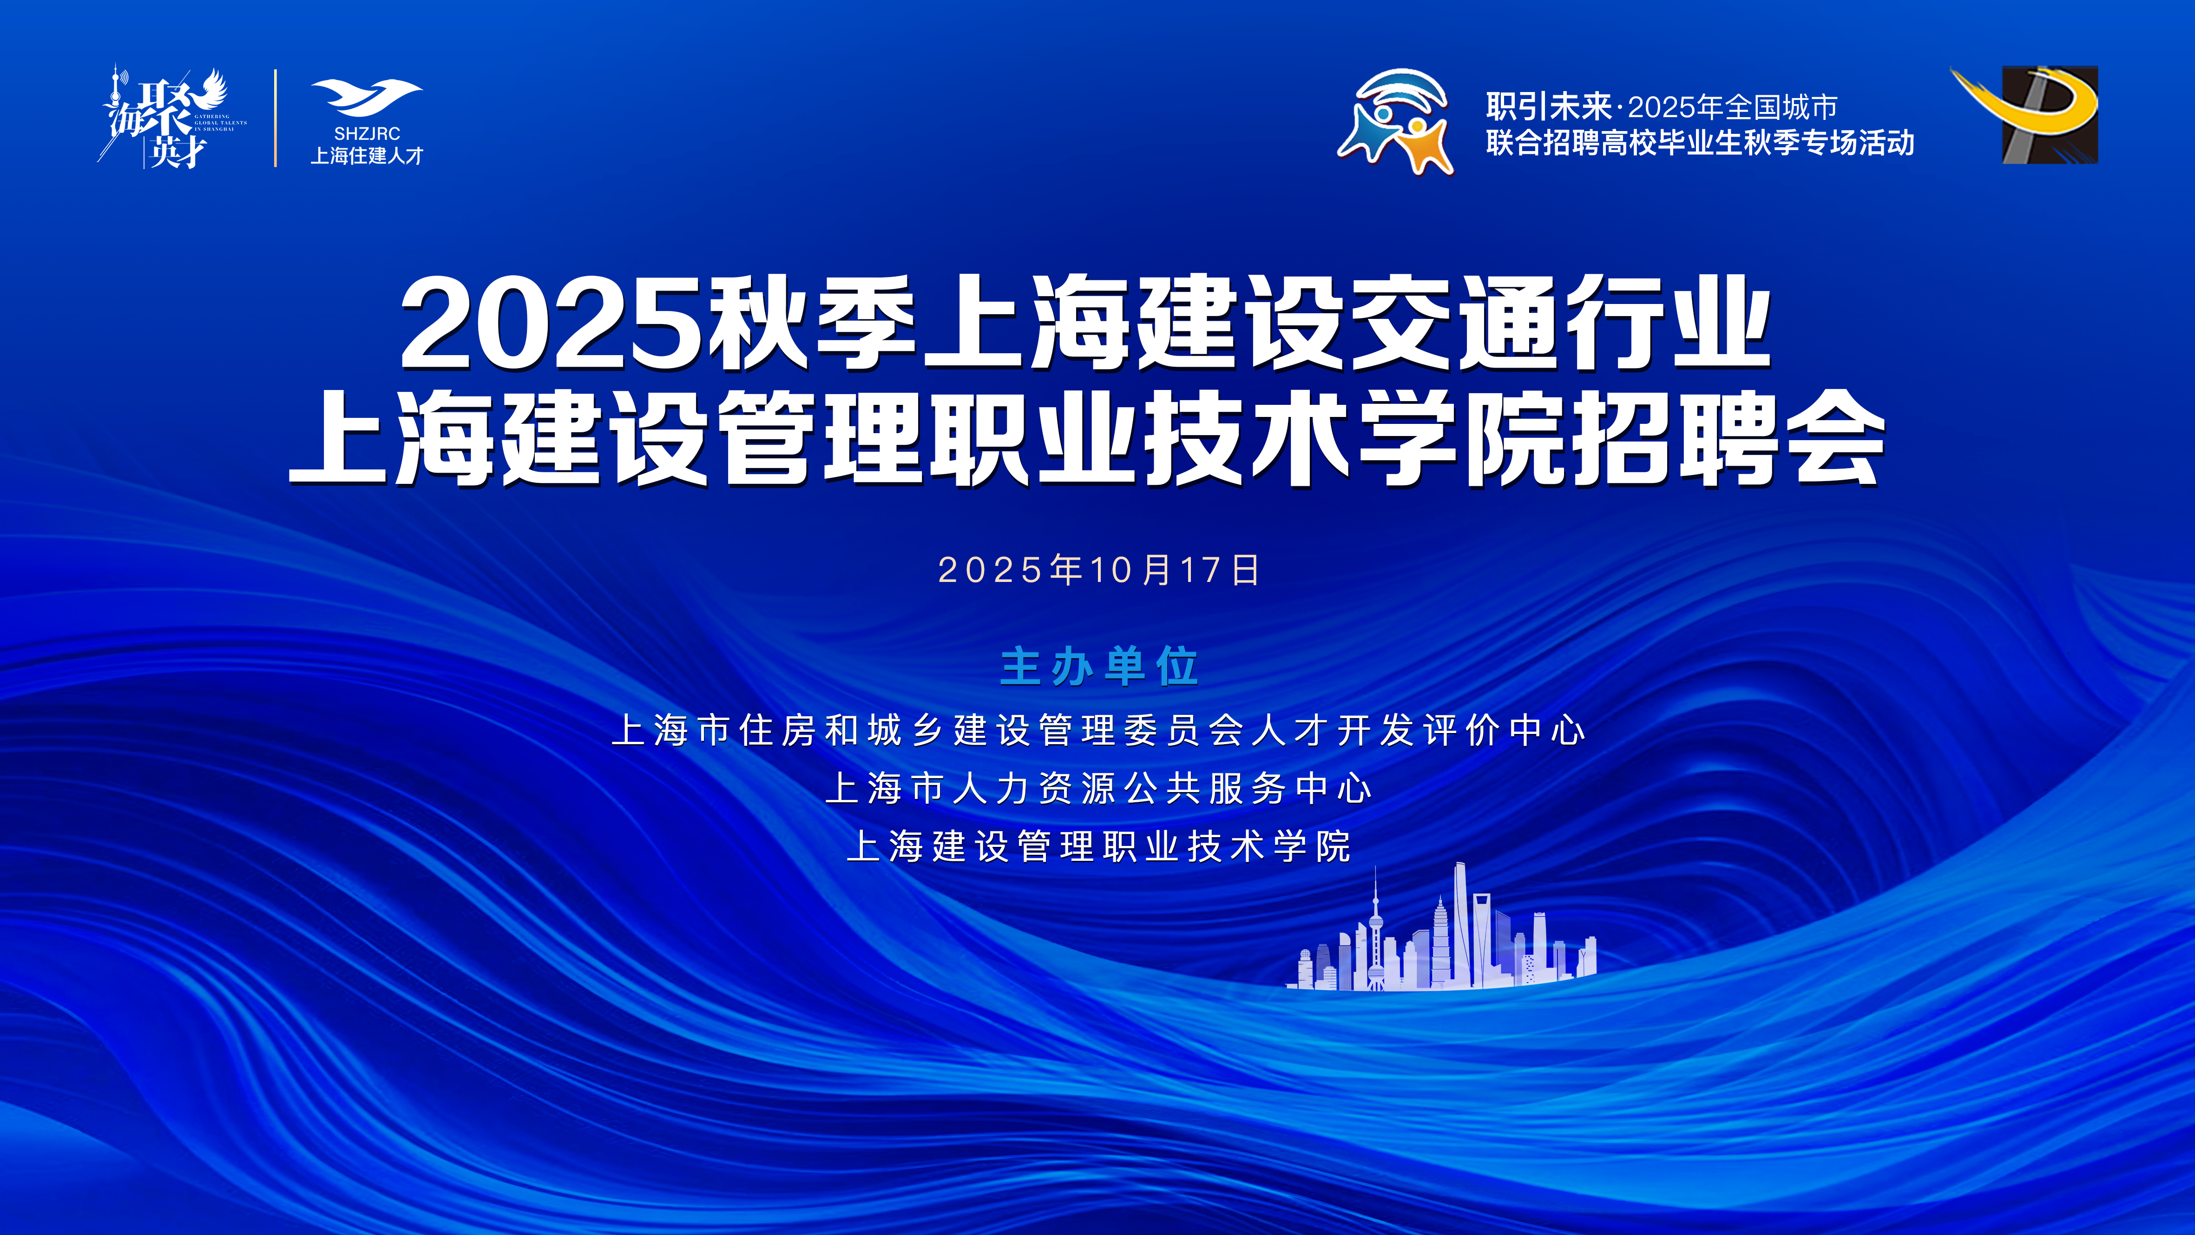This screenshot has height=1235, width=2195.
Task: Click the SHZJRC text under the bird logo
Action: coord(367,134)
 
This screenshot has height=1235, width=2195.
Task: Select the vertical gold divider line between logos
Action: coord(275,118)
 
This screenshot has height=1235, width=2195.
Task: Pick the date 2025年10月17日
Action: coord(1098,569)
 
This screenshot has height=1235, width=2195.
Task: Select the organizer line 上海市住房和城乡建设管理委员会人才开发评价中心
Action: coord(1098,730)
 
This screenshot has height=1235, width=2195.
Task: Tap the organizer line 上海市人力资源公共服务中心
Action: coord(1098,788)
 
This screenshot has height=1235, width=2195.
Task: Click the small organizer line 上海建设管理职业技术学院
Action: coord(1098,846)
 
